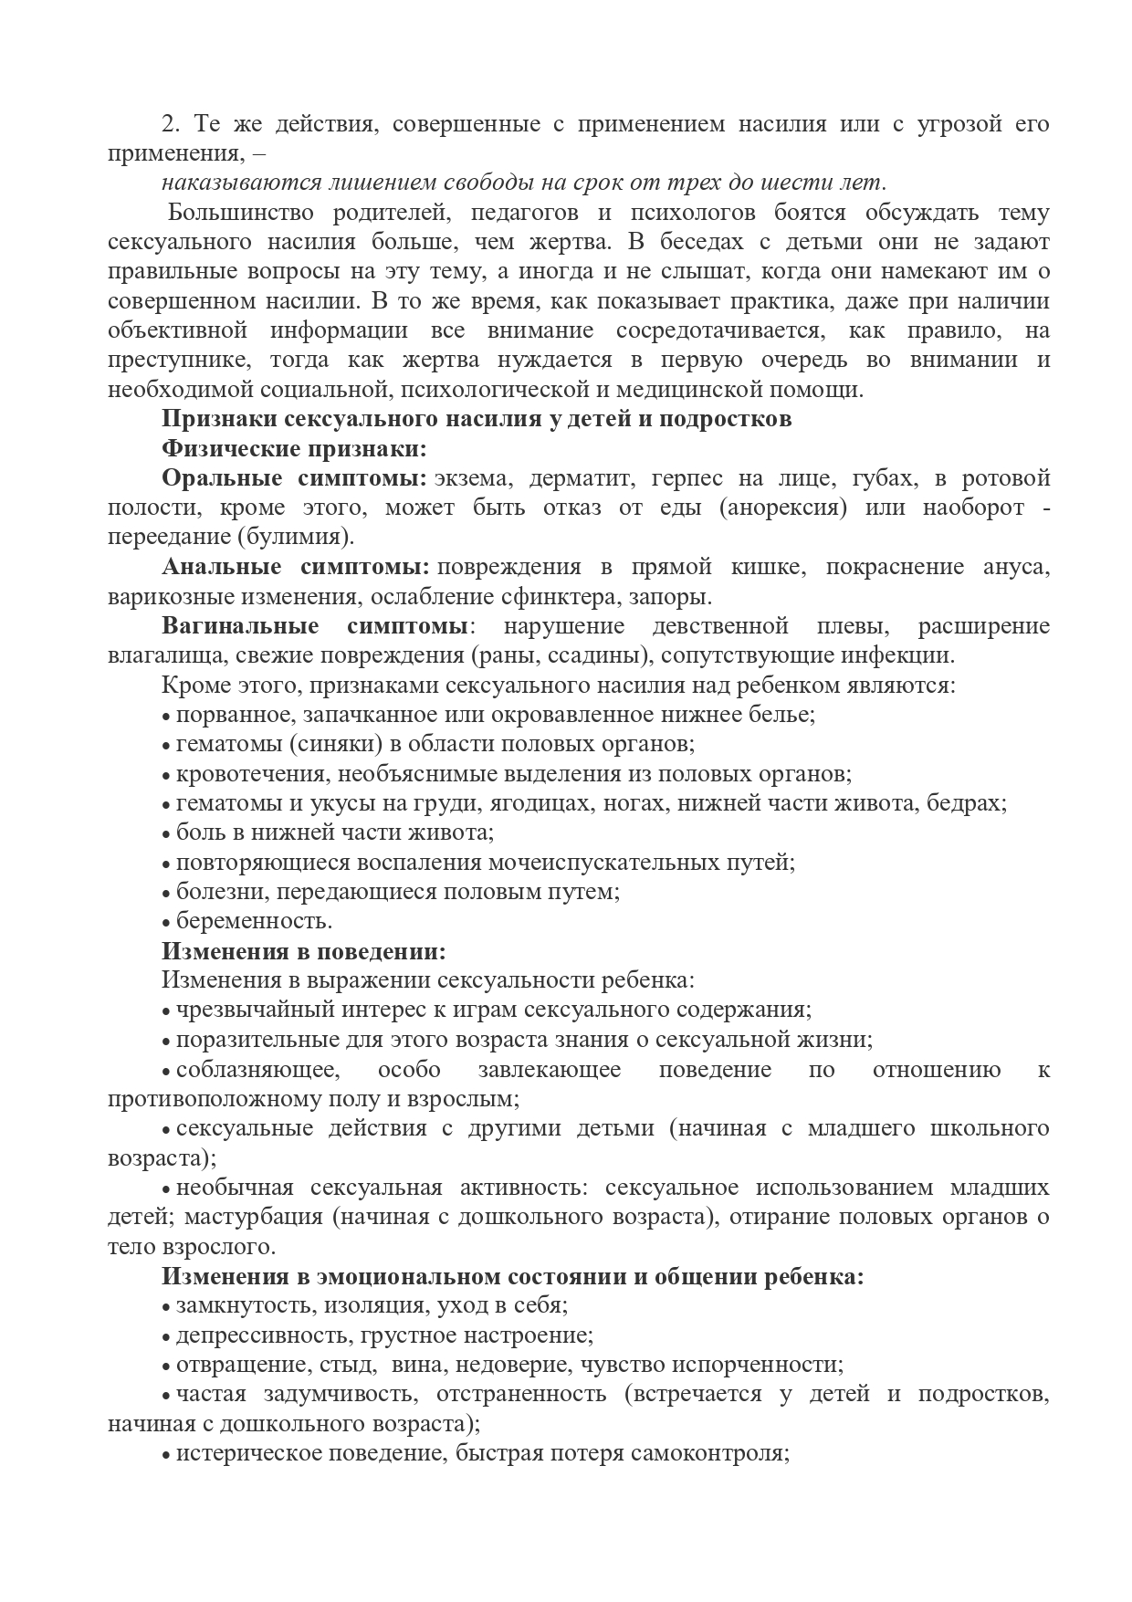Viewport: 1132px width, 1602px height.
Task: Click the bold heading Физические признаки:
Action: tap(294, 449)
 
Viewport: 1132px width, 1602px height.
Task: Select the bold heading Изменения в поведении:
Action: tap(304, 950)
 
